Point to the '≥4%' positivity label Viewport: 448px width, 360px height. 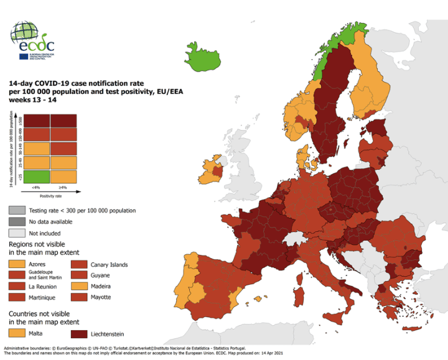(63, 188)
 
